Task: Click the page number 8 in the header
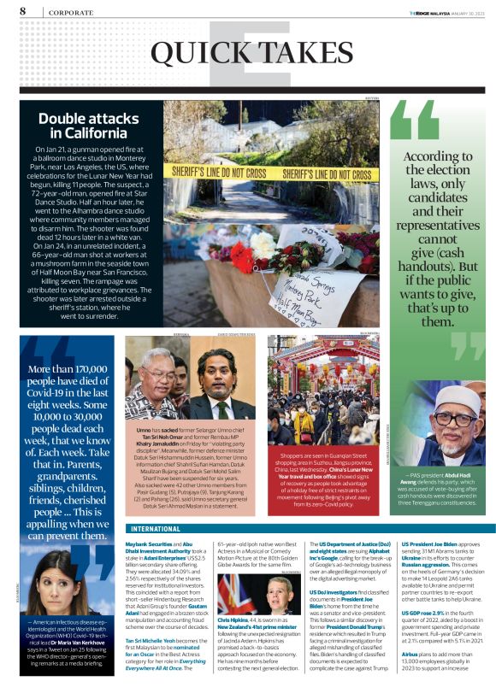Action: pos(21,11)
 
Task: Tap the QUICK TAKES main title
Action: pos(247,53)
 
